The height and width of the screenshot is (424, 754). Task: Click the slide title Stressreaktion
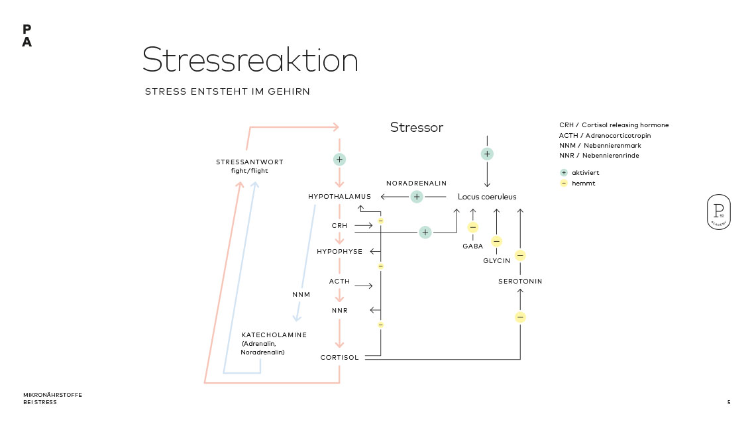click(250, 60)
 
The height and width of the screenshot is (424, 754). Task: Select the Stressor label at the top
click(416, 127)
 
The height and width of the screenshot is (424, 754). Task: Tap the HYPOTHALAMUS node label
click(339, 197)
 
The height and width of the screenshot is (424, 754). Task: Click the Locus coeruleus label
click(487, 197)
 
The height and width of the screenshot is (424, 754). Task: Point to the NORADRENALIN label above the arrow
click(416, 183)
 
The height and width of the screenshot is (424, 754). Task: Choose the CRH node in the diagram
click(339, 226)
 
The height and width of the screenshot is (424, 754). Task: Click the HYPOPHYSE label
click(339, 252)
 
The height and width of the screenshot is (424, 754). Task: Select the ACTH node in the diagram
click(339, 282)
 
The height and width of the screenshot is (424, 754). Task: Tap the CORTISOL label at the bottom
click(339, 358)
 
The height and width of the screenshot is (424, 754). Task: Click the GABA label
click(472, 246)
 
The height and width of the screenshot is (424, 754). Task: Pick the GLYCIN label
click(496, 261)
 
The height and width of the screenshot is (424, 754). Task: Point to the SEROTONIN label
click(520, 282)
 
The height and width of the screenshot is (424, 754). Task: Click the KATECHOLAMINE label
click(274, 335)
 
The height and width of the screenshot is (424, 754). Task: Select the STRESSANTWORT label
click(249, 162)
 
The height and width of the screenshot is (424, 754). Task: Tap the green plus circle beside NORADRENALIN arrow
click(416, 197)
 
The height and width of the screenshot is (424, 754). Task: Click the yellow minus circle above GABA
click(472, 227)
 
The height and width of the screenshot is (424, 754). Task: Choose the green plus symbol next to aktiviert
click(564, 172)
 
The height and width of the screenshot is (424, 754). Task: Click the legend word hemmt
click(583, 183)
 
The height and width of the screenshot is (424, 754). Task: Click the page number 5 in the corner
click(729, 402)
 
